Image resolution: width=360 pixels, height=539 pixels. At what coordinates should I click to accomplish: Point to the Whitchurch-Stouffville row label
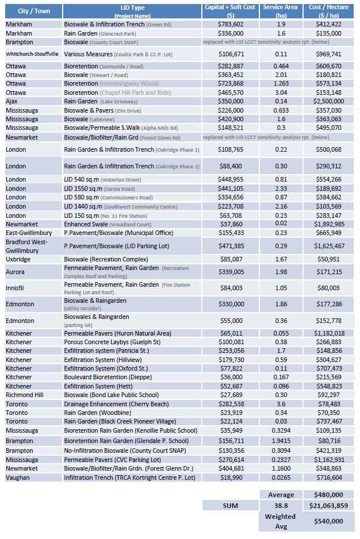(x=33, y=53)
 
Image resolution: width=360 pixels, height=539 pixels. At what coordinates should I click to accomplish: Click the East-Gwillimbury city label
(x=30, y=233)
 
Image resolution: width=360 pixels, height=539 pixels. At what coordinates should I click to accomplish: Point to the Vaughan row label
(x=18, y=477)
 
